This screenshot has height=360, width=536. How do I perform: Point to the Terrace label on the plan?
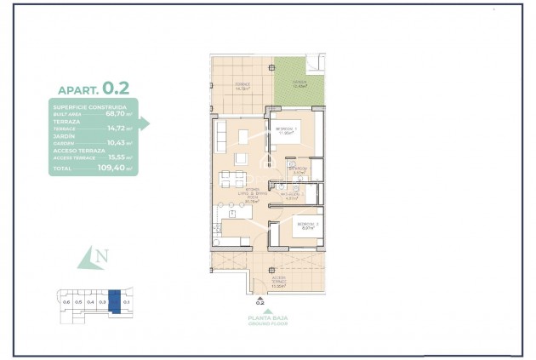[x=242, y=86]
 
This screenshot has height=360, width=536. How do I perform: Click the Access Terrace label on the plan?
[x=279, y=280]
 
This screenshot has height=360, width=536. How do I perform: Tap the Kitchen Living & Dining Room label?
[x=251, y=197]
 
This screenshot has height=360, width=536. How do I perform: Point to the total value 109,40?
[x=115, y=169]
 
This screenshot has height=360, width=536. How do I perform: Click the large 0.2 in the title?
[x=116, y=88]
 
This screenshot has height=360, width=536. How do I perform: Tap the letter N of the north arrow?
[x=102, y=254]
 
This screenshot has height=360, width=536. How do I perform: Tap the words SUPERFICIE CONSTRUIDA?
[x=89, y=106]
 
